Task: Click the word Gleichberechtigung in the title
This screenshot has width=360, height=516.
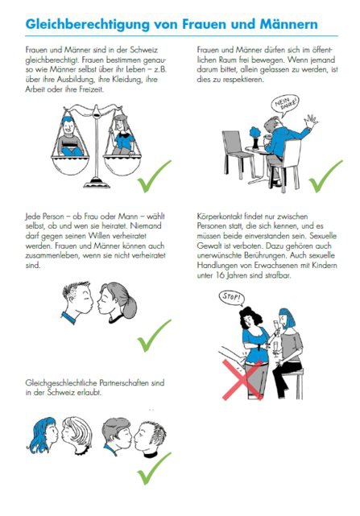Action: click(87, 25)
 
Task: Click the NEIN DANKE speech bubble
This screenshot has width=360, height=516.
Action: click(285, 105)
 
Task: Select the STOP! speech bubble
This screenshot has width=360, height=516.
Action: click(232, 298)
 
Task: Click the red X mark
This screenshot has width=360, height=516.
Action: click(242, 380)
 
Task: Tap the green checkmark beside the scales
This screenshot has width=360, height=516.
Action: click(154, 176)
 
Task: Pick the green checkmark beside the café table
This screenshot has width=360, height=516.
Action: click(325, 176)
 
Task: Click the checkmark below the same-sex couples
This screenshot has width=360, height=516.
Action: click(154, 469)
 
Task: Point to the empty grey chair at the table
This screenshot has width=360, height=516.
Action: click(237, 153)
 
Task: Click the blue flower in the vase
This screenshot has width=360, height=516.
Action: click(255, 133)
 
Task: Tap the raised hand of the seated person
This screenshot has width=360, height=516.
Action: click(311, 121)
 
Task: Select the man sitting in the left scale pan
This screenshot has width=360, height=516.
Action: click(70, 136)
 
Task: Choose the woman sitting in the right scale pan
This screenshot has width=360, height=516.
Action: click(122, 135)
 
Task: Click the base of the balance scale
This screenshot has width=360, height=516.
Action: click(97, 183)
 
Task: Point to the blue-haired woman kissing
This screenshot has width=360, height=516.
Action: click(43, 435)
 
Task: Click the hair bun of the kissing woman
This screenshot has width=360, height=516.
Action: click(130, 309)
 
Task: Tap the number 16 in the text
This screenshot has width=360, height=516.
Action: click(220, 275)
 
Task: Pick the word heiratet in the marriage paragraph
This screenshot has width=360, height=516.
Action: click(144, 226)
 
